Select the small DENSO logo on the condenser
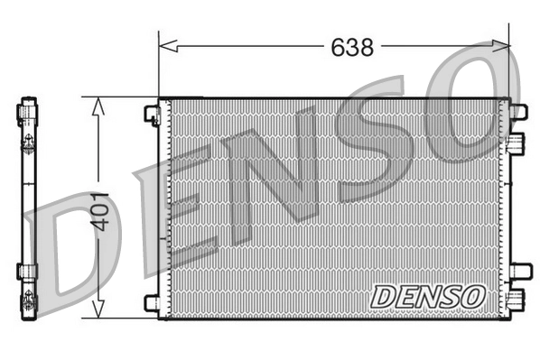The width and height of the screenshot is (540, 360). (x=428, y=294)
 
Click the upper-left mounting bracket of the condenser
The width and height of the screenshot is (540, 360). (x=152, y=114)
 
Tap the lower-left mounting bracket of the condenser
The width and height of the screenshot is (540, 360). (x=152, y=303)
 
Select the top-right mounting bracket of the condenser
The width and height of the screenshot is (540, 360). (x=518, y=112)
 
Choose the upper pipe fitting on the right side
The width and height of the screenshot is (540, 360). (x=517, y=143)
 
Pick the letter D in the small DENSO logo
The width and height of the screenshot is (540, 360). (x=380, y=295)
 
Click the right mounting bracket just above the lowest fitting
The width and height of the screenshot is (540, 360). (x=518, y=271)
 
